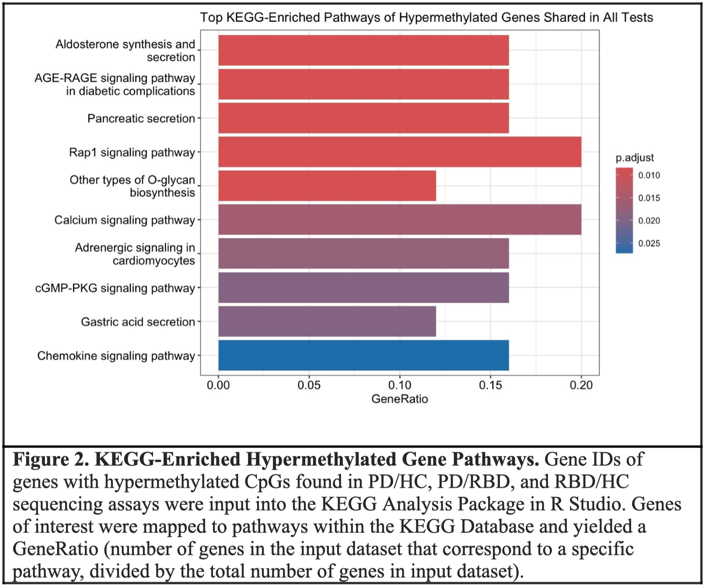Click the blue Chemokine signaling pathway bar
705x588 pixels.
(363, 355)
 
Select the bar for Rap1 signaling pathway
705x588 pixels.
(400, 152)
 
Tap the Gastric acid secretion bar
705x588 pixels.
(327, 322)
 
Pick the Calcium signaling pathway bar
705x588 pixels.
(400, 220)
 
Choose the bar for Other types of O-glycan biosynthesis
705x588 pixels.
(327, 186)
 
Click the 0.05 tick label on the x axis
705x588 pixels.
(309, 385)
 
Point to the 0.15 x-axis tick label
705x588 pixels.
(490, 385)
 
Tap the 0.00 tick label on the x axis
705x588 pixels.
(218, 385)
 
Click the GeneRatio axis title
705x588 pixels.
(399, 399)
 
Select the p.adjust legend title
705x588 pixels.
(635, 157)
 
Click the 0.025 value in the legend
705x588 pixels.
(649, 244)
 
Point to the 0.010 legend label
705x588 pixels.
(649, 175)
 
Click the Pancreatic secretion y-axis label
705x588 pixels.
(141, 119)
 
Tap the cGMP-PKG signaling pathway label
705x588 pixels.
(115, 288)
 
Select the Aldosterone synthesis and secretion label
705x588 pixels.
(126, 51)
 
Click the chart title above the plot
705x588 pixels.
(426, 17)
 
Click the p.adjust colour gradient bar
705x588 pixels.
(624, 210)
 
